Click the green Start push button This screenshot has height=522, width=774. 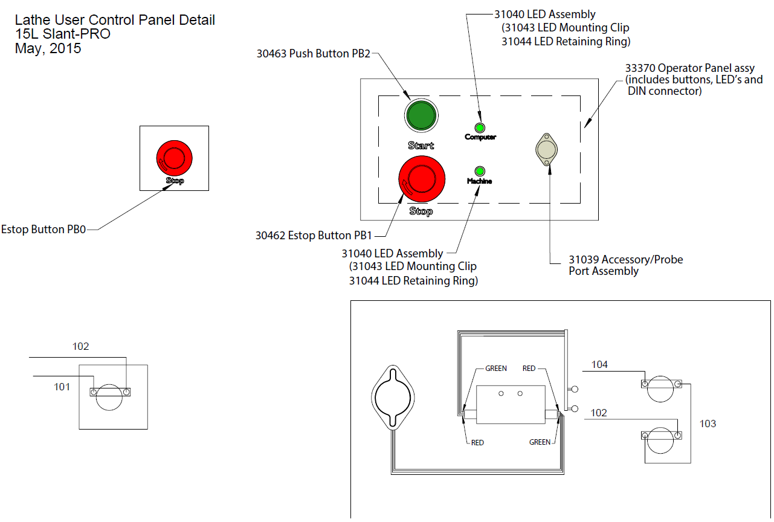pos(421,116)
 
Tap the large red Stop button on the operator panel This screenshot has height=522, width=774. pos(421,179)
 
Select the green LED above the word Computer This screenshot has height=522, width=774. pos(480,127)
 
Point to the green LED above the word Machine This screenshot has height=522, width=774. pos(480,171)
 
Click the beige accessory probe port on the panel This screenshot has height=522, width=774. pos(547,149)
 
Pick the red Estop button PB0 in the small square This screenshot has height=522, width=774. pos(174,157)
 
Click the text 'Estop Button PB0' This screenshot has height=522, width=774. pos(44,230)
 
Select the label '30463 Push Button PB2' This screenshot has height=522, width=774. pos(313,53)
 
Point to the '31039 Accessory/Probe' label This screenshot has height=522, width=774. pos(626,260)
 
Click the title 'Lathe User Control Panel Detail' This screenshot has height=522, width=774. pos(115,20)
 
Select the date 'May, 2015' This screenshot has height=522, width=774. pos(48,48)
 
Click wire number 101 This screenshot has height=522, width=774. pos(62,387)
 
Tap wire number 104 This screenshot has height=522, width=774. pos(599,364)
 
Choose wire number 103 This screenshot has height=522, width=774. pos(708,424)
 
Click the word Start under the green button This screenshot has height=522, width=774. pos(421,146)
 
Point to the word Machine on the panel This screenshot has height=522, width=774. pos(479,181)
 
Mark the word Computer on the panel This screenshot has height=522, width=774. pos(480,137)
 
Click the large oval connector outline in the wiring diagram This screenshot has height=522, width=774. pos(393,398)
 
